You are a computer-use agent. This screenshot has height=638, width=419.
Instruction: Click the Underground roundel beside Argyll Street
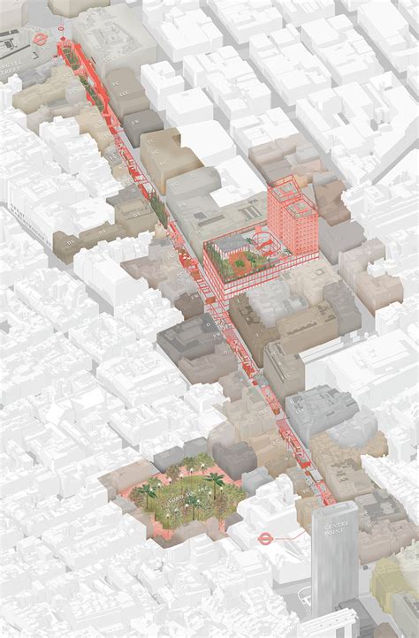pyautogui.click(x=40, y=39)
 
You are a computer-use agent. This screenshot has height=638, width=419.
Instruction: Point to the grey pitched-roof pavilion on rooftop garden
pyautogui.click(x=232, y=243)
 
